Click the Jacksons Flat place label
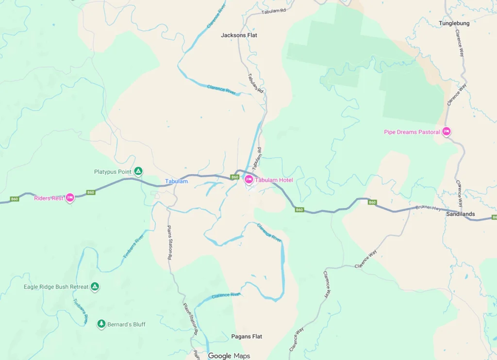[x=239, y=35]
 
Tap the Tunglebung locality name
[x=454, y=23]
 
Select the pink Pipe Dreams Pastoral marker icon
[x=447, y=131]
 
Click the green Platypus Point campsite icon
[x=138, y=171]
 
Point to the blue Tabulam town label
[x=176, y=181]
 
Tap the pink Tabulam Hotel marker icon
[x=248, y=180]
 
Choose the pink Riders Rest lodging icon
[x=70, y=198]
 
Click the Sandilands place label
[x=461, y=214]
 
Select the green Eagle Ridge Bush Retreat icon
[x=95, y=287]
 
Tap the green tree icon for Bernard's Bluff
[x=101, y=324]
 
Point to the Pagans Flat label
[x=247, y=336]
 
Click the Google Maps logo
[x=229, y=356]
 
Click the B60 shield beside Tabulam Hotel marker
[x=235, y=177]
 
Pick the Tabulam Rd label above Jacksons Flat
[x=274, y=11]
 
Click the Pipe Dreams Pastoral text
[x=412, y=132]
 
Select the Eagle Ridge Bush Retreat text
[x=56, y=287]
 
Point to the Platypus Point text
[x=113, y=172]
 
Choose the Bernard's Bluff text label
[x=126, y=324]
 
